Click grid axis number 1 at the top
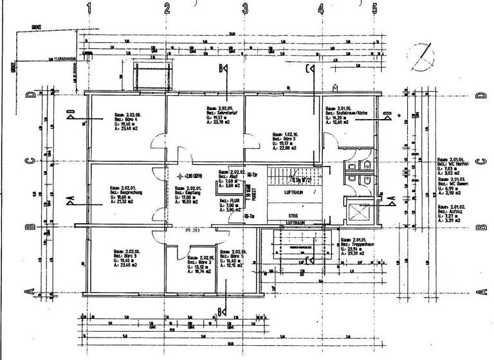coord(89,8)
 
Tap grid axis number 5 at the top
coord(374,8)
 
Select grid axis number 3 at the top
coord(245,8)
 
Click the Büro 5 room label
coord(280,141)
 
